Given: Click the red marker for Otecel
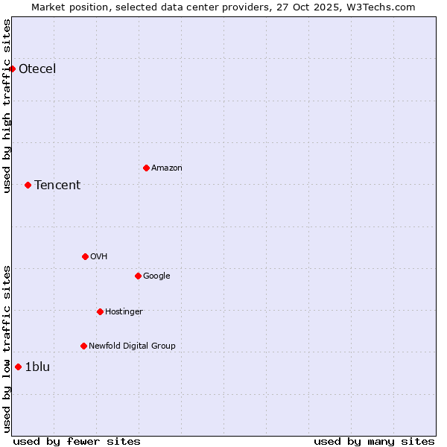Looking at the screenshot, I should click(13, 69).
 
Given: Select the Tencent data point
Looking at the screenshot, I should click(28, 185).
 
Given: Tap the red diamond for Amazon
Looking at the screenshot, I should click(146, 168).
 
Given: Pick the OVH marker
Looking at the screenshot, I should click(85, 256).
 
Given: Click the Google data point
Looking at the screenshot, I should click(138, 276).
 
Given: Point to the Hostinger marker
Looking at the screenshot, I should click(100, 311).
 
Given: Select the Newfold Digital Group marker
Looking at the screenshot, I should click(83, 346).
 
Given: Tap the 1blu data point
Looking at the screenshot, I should click(18, 367).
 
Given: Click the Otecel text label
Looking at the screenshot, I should click(37, 69).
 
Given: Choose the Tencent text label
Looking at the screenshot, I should click(57, 186).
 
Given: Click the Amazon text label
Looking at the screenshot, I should click(167, 168).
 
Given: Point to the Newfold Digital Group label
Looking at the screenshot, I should click(132, 346).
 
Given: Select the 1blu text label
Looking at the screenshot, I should click(37, 367).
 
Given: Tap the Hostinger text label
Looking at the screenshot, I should click(124, 311).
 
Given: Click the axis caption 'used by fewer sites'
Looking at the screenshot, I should click(77, 441).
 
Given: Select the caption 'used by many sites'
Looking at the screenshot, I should click(374, 441).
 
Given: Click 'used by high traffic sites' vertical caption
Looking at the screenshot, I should click(7, 106).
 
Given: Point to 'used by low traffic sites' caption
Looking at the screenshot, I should click(7, 349).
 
